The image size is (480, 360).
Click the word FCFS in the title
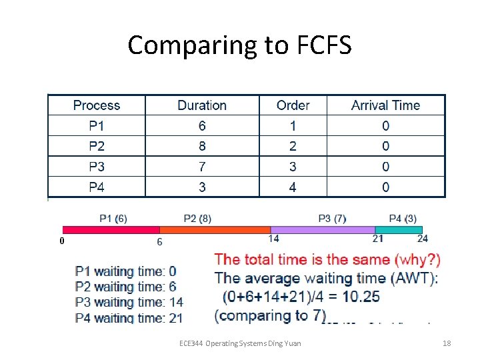[317, 46]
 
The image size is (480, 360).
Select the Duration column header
[202, 105]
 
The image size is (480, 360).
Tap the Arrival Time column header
[385, 105]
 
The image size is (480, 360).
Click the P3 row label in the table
[97, 167]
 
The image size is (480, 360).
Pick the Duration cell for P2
[202, 146]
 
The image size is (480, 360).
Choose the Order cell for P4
[293, 187]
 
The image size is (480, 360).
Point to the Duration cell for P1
[202, 126]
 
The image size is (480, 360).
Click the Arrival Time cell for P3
[385, 167]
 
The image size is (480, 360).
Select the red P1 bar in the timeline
[111, 230]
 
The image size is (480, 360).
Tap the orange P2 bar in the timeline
[215, 230]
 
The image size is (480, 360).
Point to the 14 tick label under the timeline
[274, 239]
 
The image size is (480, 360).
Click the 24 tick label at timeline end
[423, 239]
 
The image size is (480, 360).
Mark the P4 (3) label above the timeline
[403, 218]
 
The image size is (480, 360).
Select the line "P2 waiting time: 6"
[125, 287]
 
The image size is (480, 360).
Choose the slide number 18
[447, 343]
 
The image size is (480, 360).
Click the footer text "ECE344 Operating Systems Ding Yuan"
[240, 343]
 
